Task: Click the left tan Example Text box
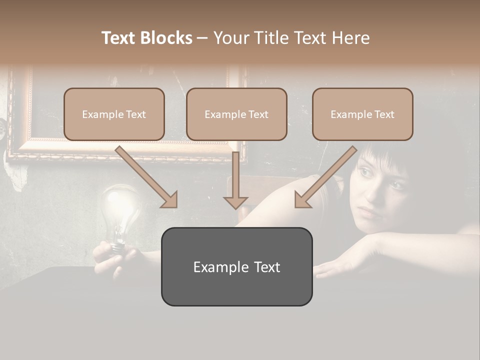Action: (114, 114)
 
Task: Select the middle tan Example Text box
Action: (236, 114)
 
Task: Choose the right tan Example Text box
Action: (362, 114)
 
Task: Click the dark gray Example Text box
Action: (236, 267)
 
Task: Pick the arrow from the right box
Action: (325, 177)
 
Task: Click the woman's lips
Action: (369, 212)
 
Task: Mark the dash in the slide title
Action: (202, 38)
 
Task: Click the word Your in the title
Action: (231, 38)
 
